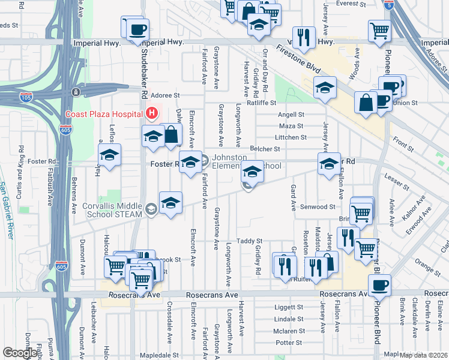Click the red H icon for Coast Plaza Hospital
coord(152,113)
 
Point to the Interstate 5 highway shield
coord(390,7)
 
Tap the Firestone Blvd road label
coord(298,58)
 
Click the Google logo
coord(20,353)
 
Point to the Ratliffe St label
coord(280,102)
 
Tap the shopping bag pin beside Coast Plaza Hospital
coord(170,134)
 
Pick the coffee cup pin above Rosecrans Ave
coord(379,285)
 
